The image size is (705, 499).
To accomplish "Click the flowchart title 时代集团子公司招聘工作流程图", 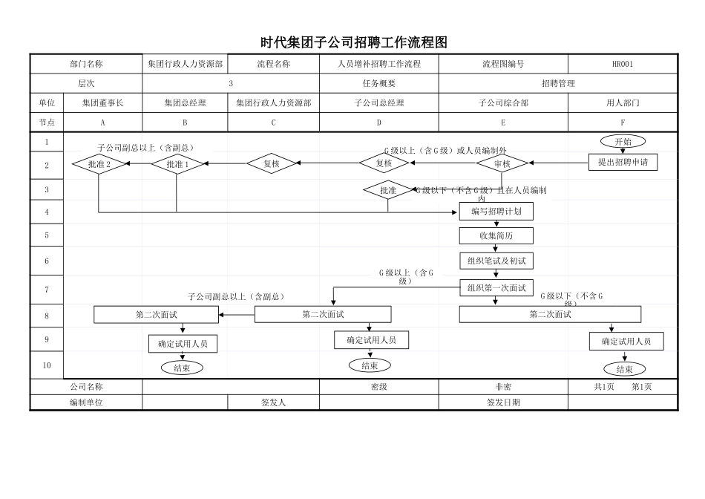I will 353,42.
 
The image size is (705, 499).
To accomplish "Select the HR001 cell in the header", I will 622,65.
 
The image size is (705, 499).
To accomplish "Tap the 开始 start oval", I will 623,142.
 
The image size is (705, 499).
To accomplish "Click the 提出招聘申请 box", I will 623,162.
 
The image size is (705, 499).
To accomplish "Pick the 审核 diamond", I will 502,163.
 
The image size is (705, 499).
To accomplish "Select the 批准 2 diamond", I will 99,164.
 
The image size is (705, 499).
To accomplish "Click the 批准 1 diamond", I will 177,164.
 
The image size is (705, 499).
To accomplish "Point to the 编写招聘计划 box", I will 496,212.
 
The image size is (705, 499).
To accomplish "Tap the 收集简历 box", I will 496,236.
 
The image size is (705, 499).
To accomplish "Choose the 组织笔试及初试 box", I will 496,261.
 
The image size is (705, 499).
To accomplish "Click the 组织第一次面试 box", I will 496,287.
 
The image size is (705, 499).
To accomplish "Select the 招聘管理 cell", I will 557,84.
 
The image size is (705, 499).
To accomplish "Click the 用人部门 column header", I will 623,103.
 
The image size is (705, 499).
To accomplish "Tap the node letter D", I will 378,123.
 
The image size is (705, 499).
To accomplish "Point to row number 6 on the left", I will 47,261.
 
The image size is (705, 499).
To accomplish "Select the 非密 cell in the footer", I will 503,387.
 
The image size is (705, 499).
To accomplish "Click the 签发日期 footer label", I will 503,402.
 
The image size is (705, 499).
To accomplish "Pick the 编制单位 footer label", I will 86,402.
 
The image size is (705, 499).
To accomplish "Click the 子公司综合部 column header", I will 503,103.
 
